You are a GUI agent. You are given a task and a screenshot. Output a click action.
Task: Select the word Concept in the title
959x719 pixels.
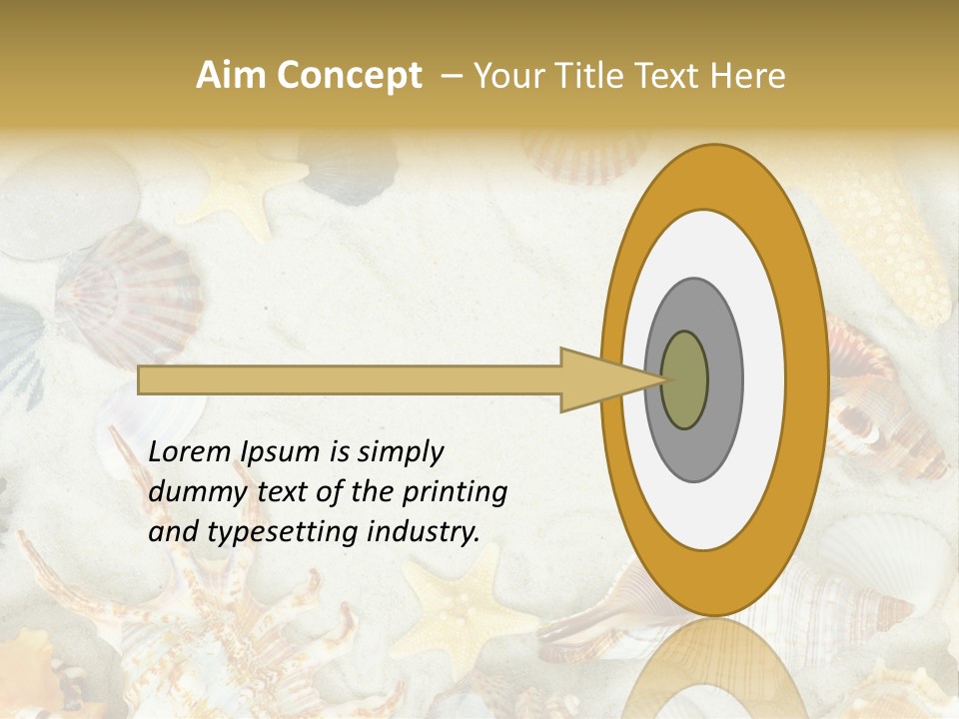(x=349, y=76)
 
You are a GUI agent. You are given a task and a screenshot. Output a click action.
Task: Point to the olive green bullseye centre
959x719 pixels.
(x=685, y=379)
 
